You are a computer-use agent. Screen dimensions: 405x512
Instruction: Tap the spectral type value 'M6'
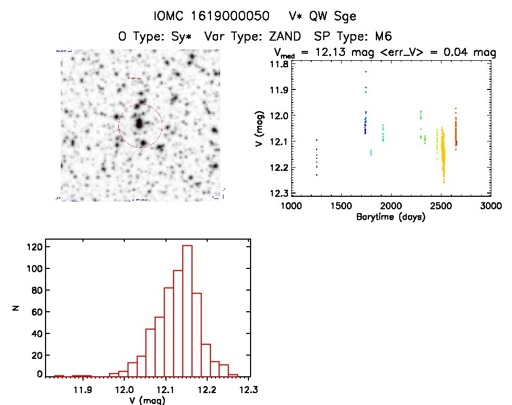coord(382,37)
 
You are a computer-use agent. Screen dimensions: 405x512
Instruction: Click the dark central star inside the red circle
coord(139,124)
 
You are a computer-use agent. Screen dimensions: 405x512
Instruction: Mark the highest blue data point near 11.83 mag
coord(366,72)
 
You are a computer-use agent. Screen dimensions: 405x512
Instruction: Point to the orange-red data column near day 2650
coord(456,130)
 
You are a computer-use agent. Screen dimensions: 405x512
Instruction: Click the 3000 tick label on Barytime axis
coord(491,206)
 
